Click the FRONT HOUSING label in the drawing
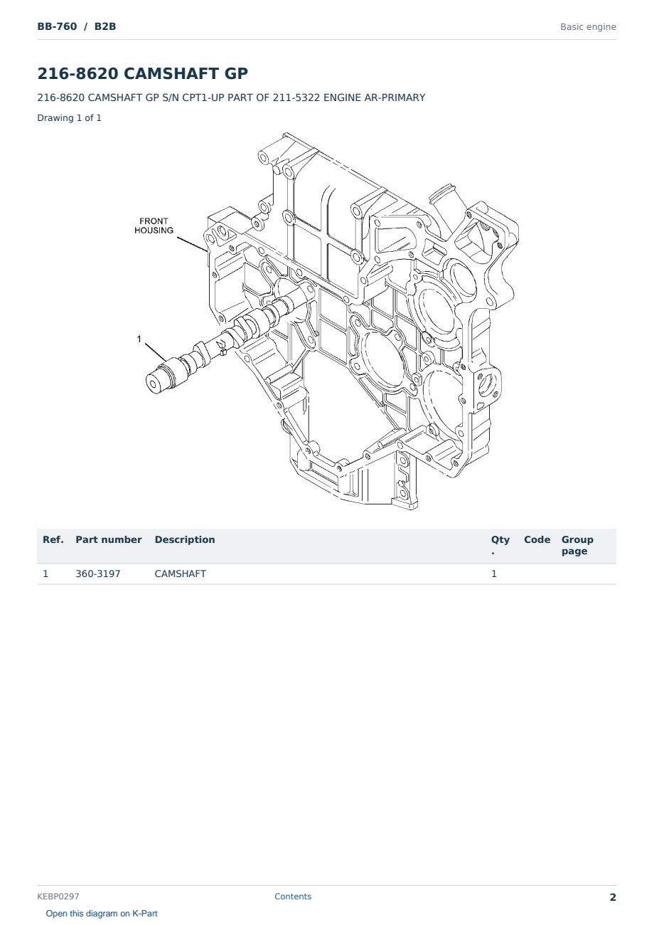pos(154,226)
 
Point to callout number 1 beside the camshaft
pos(139,339)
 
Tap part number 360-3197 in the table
pos(98,573)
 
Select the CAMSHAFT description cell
pos(181,573)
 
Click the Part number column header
pos(109,540)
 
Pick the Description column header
pos(185,540)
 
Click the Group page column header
pos(577,546)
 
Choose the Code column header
pos(537,540)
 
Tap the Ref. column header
pos(53,540)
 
